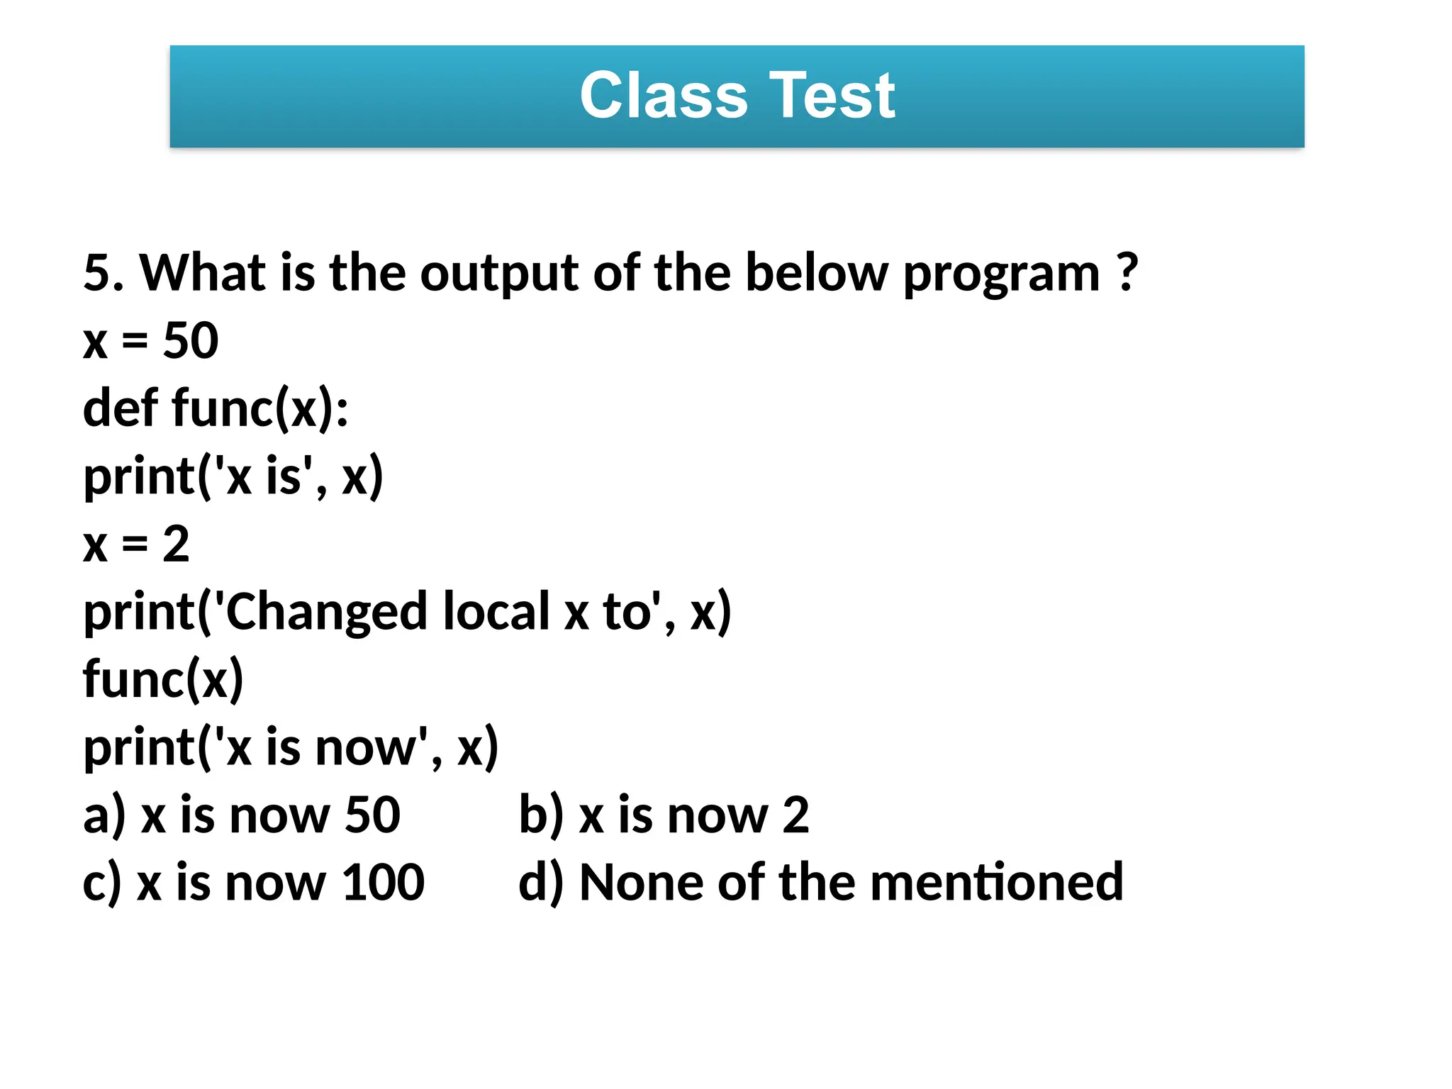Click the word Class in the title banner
(x=664, y=96)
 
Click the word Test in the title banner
(x=832, y=96)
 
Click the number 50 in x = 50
(x=191, y=341)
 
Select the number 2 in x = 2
(x=176, y=544)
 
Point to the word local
(x=496, y=612)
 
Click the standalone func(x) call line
(x=163, y=680)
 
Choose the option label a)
(x=104, y=815)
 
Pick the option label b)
(x=541, y=815)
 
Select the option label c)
(x=102, y=883)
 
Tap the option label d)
(x=541, y=883)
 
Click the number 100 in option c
(x=383, y=883)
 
